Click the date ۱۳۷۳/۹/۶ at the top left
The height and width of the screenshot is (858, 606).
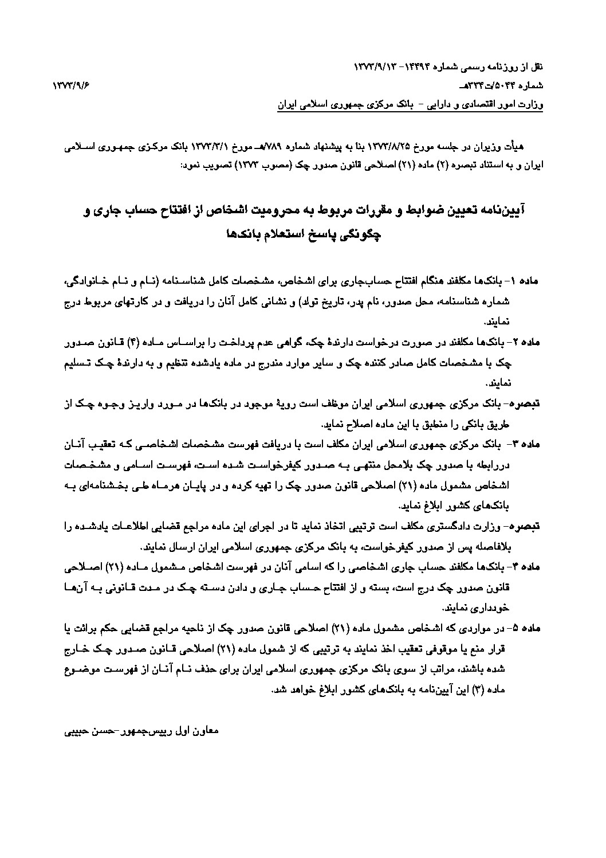[72, 86]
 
